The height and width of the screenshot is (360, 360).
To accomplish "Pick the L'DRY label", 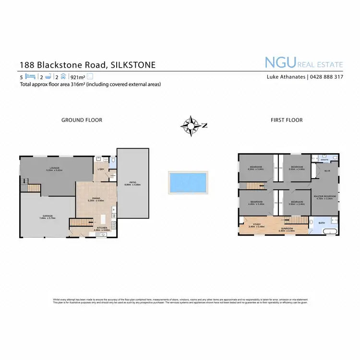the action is click(x=101, y=169).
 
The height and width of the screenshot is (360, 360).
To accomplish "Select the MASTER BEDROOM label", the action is click(x=324, y=196).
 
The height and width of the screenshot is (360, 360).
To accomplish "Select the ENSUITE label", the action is click(x=325, y=160).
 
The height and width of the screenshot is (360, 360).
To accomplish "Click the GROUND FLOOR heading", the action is click(x=82, y=120).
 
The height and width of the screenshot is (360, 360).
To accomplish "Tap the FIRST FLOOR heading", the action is click(x=287, y=120).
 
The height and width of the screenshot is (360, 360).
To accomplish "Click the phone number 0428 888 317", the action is click(x=326, y=77).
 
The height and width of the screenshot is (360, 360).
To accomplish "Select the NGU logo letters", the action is click(x=280, y=63).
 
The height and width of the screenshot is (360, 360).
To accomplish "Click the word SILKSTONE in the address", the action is click(x=133, y=64).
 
